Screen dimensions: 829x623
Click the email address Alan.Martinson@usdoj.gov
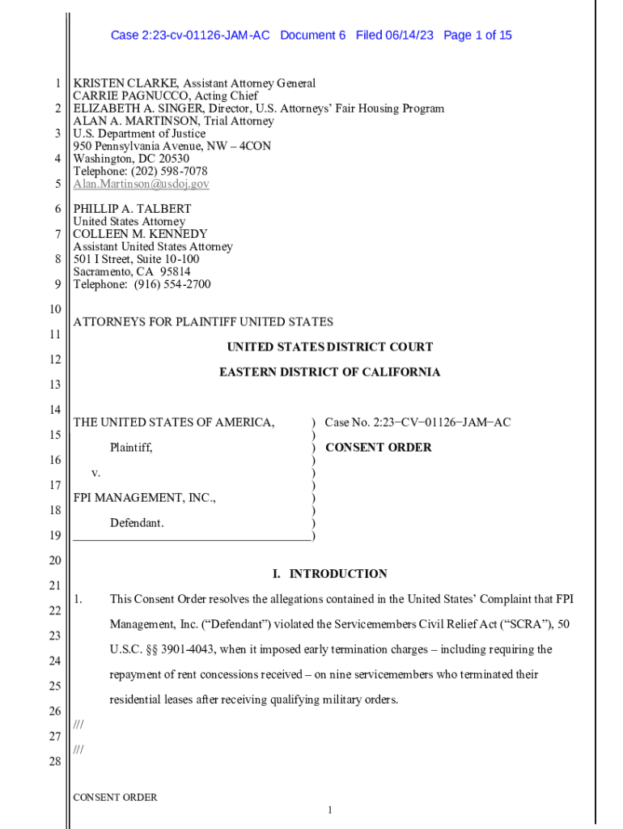pyautogui.click(x=141, y=184)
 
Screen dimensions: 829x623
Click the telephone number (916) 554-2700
pyautogui.click(x=169, y=284)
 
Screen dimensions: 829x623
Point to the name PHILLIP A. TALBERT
pyautogui.click(x=132, y=209)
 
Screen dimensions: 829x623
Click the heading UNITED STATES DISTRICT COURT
pyautogui.click(x=329, y=347)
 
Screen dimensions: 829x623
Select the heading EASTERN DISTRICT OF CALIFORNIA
pyautogui.click(x=329, y=372)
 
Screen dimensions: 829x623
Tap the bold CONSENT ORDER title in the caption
pyautogui.click(x=378, y=448)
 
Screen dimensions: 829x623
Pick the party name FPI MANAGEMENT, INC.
pyautogui.click(x=144, y=498)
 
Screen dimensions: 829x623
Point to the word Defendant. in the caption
pyautogui.click(x=137, y=523)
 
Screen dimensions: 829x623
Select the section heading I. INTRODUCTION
pyautogui.click(x=329, y=574)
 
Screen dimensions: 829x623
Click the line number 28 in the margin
pyautogui.click(x=55, y=761)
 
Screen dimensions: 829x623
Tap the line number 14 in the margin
pyautogui.click(x=55, y=410)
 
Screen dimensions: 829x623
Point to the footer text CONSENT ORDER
pyautogui.click(x=115, y=797)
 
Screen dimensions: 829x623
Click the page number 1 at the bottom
pyautogui.click(x=330, y=810)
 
